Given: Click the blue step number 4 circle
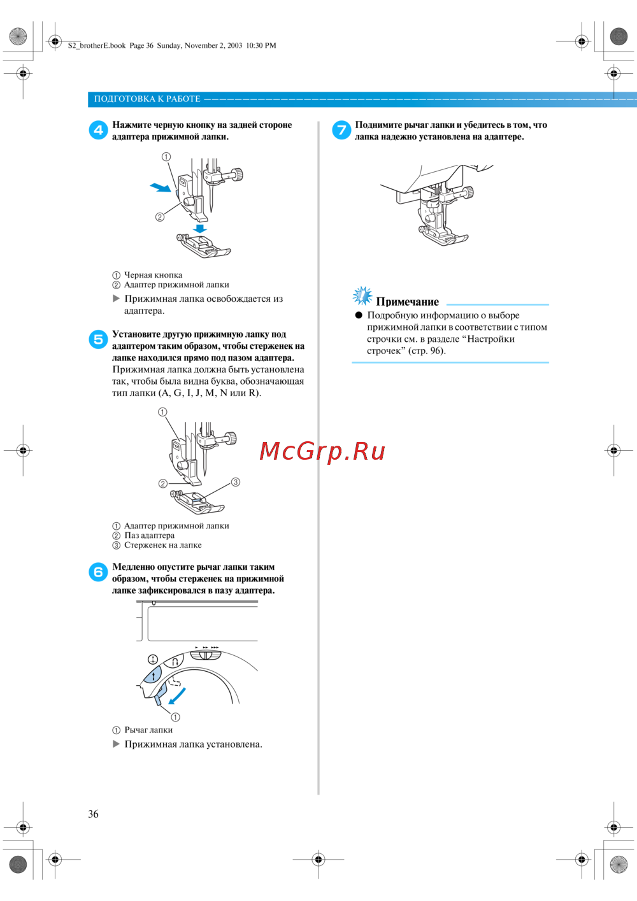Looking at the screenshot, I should pos(98,130).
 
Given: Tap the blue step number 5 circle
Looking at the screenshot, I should pos(98,339).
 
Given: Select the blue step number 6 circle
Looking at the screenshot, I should pos(98,572).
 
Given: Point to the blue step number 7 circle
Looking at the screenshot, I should pos(341,130).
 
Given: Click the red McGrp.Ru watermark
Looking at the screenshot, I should pos(322,451).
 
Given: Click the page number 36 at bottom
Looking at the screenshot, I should pos(93,814).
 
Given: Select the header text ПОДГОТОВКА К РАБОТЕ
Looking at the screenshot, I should pos(147,99).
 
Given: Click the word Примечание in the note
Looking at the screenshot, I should pos(407,302).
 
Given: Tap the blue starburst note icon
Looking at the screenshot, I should pos(362,295).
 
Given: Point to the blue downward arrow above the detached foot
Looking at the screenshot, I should pos(200,228).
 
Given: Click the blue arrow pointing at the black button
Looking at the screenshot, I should pos(160,187).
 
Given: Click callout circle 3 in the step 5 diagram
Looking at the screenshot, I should pos(236,482).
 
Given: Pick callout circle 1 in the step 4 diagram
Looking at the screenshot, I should pos(166,157).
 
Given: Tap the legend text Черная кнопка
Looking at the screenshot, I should pos(153,275).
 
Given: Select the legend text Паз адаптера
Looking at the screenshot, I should pos(149,536).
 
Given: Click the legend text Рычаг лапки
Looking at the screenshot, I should pos(148,730).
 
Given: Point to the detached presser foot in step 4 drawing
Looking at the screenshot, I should pos(203,246).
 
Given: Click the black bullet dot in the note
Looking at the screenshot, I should pos(359,315).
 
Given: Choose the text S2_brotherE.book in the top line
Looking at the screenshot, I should pos(97,46).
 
